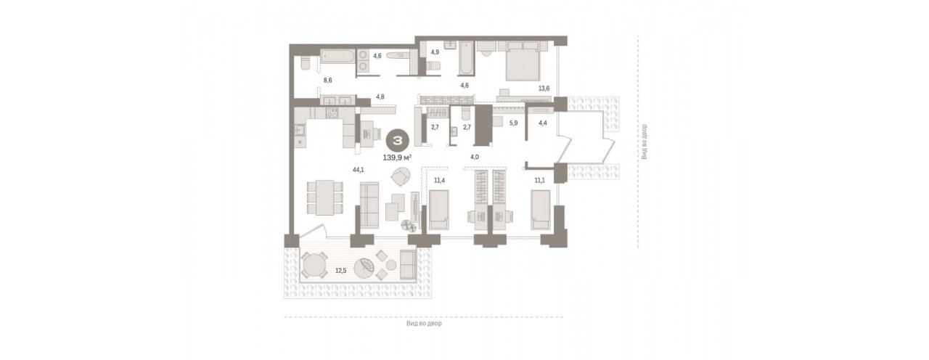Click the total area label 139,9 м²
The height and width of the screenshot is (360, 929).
(397, 157)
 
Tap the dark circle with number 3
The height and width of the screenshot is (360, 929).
(398, 141)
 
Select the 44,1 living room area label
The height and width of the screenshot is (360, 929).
(359, 170)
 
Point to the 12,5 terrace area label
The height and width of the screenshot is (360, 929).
(341, 271)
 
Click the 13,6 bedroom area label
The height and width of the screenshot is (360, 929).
(544, 89)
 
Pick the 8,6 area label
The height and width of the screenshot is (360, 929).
(327, 81)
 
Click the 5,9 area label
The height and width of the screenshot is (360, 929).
(513, 123)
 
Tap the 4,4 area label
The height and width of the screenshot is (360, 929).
(543, 123)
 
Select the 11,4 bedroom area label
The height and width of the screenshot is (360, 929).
(439, 181)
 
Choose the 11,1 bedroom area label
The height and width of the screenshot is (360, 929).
(539, 181)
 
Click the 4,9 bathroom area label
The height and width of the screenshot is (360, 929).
(435, 52)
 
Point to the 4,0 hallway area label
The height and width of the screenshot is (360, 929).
(475, 157)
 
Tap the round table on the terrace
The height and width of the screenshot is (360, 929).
(315, 266)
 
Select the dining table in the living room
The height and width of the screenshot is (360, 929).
(324, 197)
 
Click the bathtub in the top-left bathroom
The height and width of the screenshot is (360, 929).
(337, 57)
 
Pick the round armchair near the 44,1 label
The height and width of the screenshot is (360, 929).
(401, 176)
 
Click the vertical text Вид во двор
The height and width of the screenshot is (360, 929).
(644, 142)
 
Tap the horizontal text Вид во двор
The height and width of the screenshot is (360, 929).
(424, 324)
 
